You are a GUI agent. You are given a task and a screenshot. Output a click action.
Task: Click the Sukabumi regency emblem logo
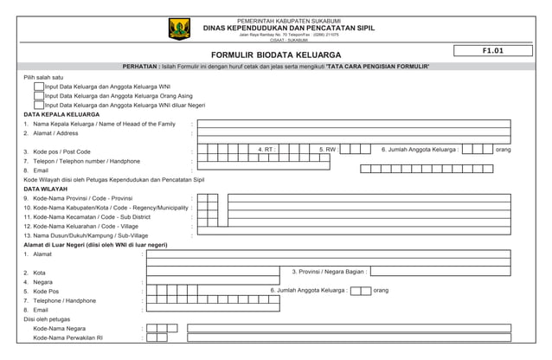[x=179, y=29]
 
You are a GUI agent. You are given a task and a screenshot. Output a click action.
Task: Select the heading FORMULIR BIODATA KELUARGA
[x=276, y=55]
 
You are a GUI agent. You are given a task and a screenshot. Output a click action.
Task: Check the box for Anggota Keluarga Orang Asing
[x=39, y=96]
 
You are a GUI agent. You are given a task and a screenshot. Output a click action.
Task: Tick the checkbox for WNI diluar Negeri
[x=39, y=105]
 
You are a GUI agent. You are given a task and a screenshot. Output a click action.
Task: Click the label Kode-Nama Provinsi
[x=78, y=198]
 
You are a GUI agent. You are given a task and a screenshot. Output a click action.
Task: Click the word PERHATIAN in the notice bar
[x=141, y=67]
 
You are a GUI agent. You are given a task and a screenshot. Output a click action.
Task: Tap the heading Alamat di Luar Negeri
[x=95, y=245]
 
